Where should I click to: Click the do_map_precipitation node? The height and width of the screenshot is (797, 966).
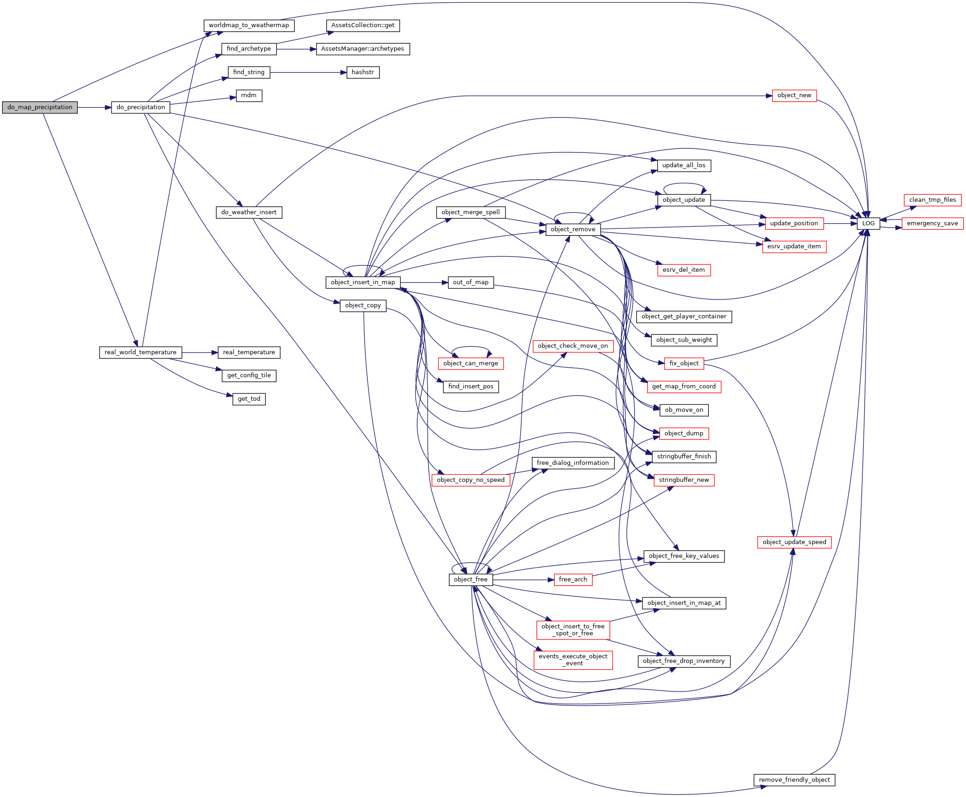point(40,107)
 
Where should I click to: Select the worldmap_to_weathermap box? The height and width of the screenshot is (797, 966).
point(249,25)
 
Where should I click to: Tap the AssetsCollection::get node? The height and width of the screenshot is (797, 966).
point(363,25)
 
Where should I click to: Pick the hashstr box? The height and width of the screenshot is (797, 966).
point(363,72)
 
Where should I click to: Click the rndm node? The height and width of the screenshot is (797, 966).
point(249,95)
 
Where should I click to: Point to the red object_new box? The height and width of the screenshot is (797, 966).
point(794,95)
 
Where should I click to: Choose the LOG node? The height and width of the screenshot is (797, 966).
point(868,223)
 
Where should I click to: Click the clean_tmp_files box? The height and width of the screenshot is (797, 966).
point(932,200)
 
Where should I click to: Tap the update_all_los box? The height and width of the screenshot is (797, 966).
point(683,165)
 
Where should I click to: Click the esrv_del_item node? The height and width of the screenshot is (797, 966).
point(683,270)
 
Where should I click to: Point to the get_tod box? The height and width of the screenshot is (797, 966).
point(249,399)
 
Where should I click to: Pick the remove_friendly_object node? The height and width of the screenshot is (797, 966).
point(794,780)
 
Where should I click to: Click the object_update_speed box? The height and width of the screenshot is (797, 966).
point(794,542)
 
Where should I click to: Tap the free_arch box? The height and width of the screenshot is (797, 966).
point(573,580)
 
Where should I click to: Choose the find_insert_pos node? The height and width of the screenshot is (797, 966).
point(471,387)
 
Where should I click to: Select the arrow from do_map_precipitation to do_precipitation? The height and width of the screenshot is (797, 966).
point(94,107)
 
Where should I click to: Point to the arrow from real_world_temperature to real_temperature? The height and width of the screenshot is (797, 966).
point(200,352)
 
